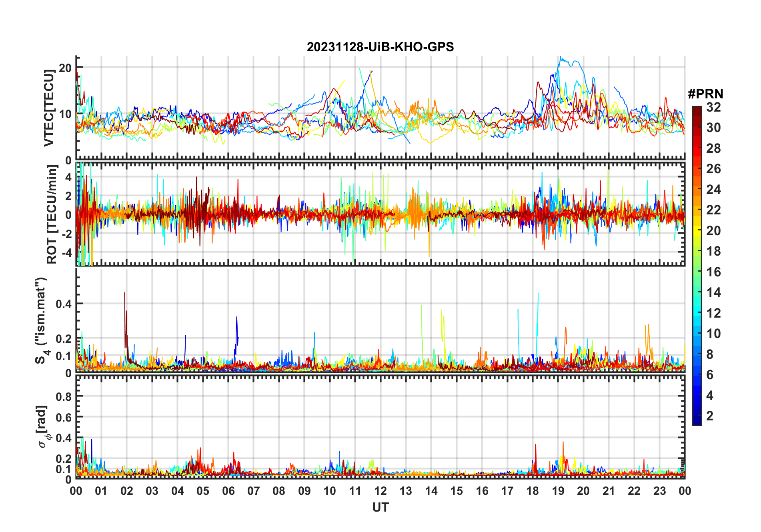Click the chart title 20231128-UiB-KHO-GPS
pos(380,47)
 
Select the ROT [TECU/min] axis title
pos(52,214)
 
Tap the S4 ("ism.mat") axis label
pos(42,320)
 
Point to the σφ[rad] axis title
pos(43,427)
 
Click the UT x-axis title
pos(380,507)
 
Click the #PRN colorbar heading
pos(705,94)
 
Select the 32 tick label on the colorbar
pos(713,107)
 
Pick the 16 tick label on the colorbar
pos(713,272)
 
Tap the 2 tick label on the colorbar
pos(710,416)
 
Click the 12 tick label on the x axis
pos(380,491)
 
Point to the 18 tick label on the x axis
pos(533,491)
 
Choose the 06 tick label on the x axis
pos(228,491)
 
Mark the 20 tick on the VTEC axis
pos(65,68)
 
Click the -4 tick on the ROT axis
pos(65,253)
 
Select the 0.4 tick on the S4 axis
pos(64,304)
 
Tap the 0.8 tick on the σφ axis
pos(64,396)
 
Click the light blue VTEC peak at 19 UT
pos(561,58)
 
